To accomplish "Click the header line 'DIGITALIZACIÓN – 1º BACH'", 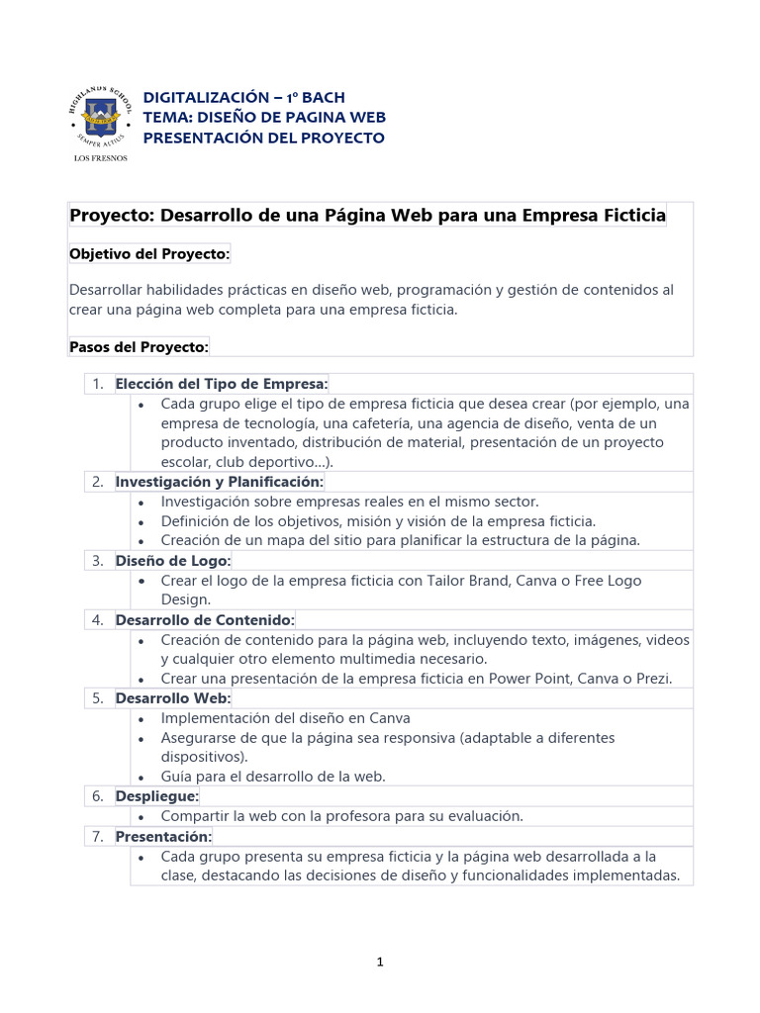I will point(243,97).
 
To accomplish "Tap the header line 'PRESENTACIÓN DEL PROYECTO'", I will point(264,137).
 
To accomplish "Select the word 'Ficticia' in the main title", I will point(630,215).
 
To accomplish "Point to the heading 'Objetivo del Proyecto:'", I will point(149,254).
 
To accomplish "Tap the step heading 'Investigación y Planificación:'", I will point(220,482).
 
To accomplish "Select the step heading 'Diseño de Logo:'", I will point(173,561).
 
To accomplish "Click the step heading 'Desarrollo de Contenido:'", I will point(205,620).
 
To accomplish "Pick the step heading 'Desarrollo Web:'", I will point(172,698).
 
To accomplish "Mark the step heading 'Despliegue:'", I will point(157,796).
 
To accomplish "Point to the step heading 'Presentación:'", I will point(163,836).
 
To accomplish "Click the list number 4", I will point(98,620).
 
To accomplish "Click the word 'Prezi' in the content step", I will point(652,679).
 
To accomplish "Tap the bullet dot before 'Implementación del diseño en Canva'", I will point(142,719).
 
